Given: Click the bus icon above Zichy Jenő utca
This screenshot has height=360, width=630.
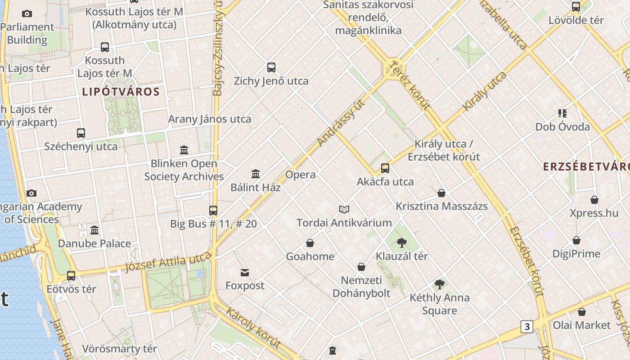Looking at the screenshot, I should tap(271, 67).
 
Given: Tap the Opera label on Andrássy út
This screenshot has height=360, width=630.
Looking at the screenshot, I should tap(300, 175).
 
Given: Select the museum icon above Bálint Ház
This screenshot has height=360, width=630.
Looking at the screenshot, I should tap(256, 174).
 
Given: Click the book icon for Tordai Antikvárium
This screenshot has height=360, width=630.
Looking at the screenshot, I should tap(344, 209).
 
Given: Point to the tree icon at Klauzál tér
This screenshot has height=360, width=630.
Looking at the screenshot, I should tap(402, 243).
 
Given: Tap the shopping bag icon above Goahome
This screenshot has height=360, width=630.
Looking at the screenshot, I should tap(310, 243).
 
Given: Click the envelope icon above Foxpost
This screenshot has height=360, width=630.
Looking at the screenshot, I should tap(245, 272).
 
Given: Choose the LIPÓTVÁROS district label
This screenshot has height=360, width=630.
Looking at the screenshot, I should tap(121, 92).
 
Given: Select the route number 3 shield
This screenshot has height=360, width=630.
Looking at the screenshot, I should tap(526, 326).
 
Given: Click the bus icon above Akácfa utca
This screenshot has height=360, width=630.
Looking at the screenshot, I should tap(385, 168).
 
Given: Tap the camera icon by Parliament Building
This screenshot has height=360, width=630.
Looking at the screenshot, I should tap(27, 14).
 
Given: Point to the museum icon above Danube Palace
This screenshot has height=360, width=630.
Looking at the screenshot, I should tap(94, 230).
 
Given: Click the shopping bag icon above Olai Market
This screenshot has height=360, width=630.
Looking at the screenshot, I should tap(582, 312).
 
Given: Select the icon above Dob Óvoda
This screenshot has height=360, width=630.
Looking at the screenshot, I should tap(562, 113).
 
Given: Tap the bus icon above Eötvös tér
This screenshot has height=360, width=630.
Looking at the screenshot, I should tap(71, 275).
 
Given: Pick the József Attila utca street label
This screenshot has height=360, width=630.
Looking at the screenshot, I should tap(168, 262).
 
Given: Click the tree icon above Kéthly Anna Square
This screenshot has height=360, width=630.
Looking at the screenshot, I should tap(440, 284).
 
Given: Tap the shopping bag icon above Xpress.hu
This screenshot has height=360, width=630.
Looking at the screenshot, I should tap(594, 200).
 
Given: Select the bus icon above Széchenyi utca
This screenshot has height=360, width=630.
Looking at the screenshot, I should tap(81, 133).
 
